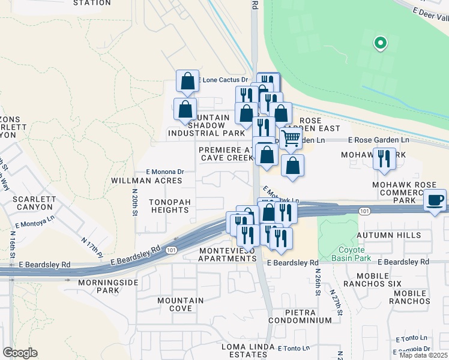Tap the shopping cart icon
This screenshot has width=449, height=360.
click(x=291, y=138)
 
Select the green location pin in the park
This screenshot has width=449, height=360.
click(x=380, y=43)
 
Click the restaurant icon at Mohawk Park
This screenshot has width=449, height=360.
click(x=384, y=158)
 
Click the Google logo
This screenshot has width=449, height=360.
click(x=20, y=353)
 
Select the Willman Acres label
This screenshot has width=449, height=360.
click(x=146, y=180)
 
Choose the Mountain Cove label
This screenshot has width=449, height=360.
click(x=175, y=304)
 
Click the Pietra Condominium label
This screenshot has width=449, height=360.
click(x=300, y=316)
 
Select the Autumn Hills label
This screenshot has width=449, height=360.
click(x=388, y=235)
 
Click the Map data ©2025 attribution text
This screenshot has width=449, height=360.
click(x=423, y=355)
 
